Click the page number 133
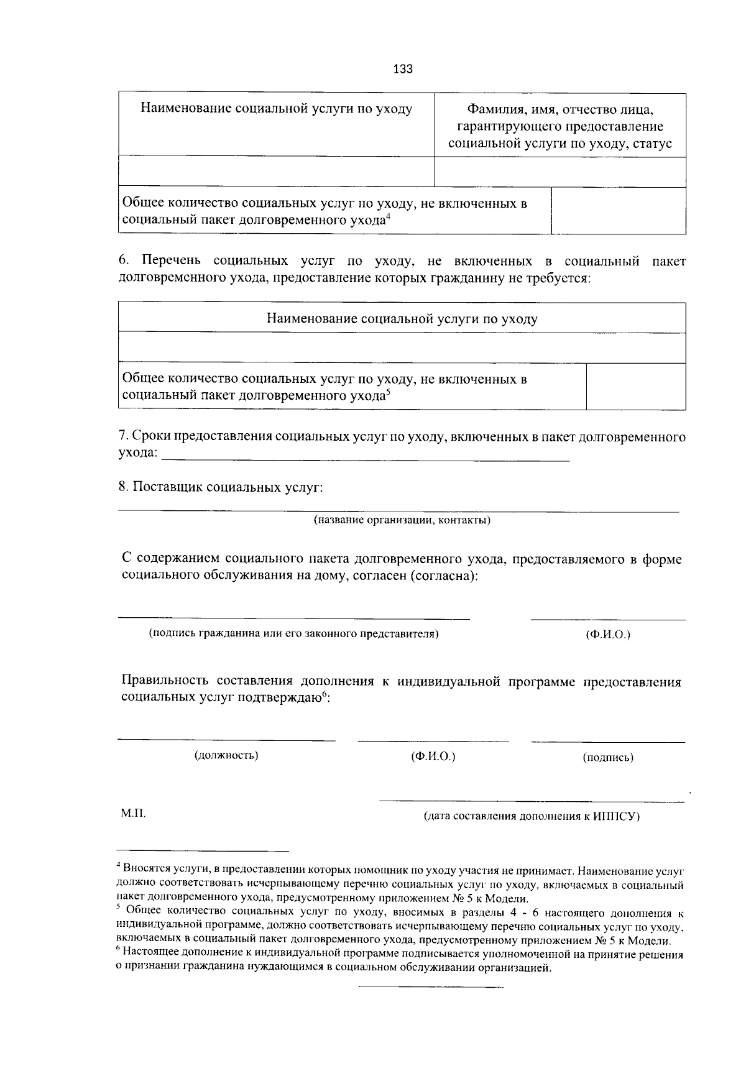click(x=403, y=69)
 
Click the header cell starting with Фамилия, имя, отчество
click(x=559, y=126)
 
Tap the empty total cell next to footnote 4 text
click(x=618, y=211)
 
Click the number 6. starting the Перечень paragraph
click(x=123, y=261)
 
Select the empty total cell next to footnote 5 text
click(x=635, y=386)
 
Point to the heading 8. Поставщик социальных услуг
click(x=221, y=487)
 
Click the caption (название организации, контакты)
click(x=402, y=520)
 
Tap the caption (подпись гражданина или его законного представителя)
click(x=293, y=633)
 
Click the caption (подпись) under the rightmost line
click(x=607, y=757)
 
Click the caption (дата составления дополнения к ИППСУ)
click(x=532, y=816)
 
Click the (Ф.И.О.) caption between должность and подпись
click(x=433, y=756)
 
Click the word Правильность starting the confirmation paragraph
click(x=162, y=682)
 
